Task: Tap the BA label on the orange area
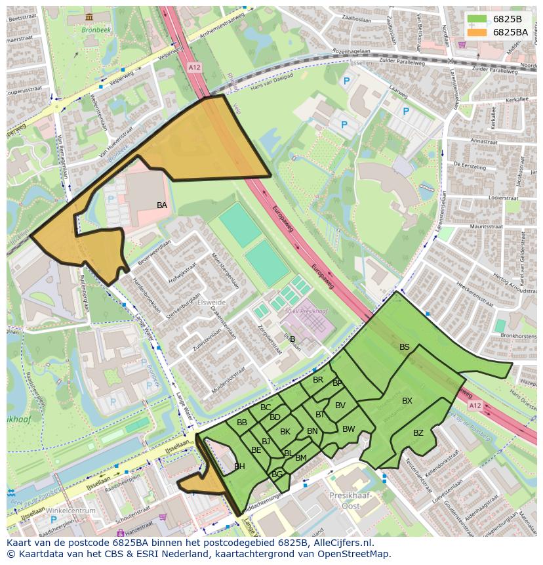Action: (162, 205)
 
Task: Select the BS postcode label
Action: (405, 347)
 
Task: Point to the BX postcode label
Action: (407, 401)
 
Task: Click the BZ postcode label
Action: (418, 433)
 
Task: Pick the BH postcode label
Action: (239, 467)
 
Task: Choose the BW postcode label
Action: (349, 429)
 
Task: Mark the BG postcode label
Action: (277, 474)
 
